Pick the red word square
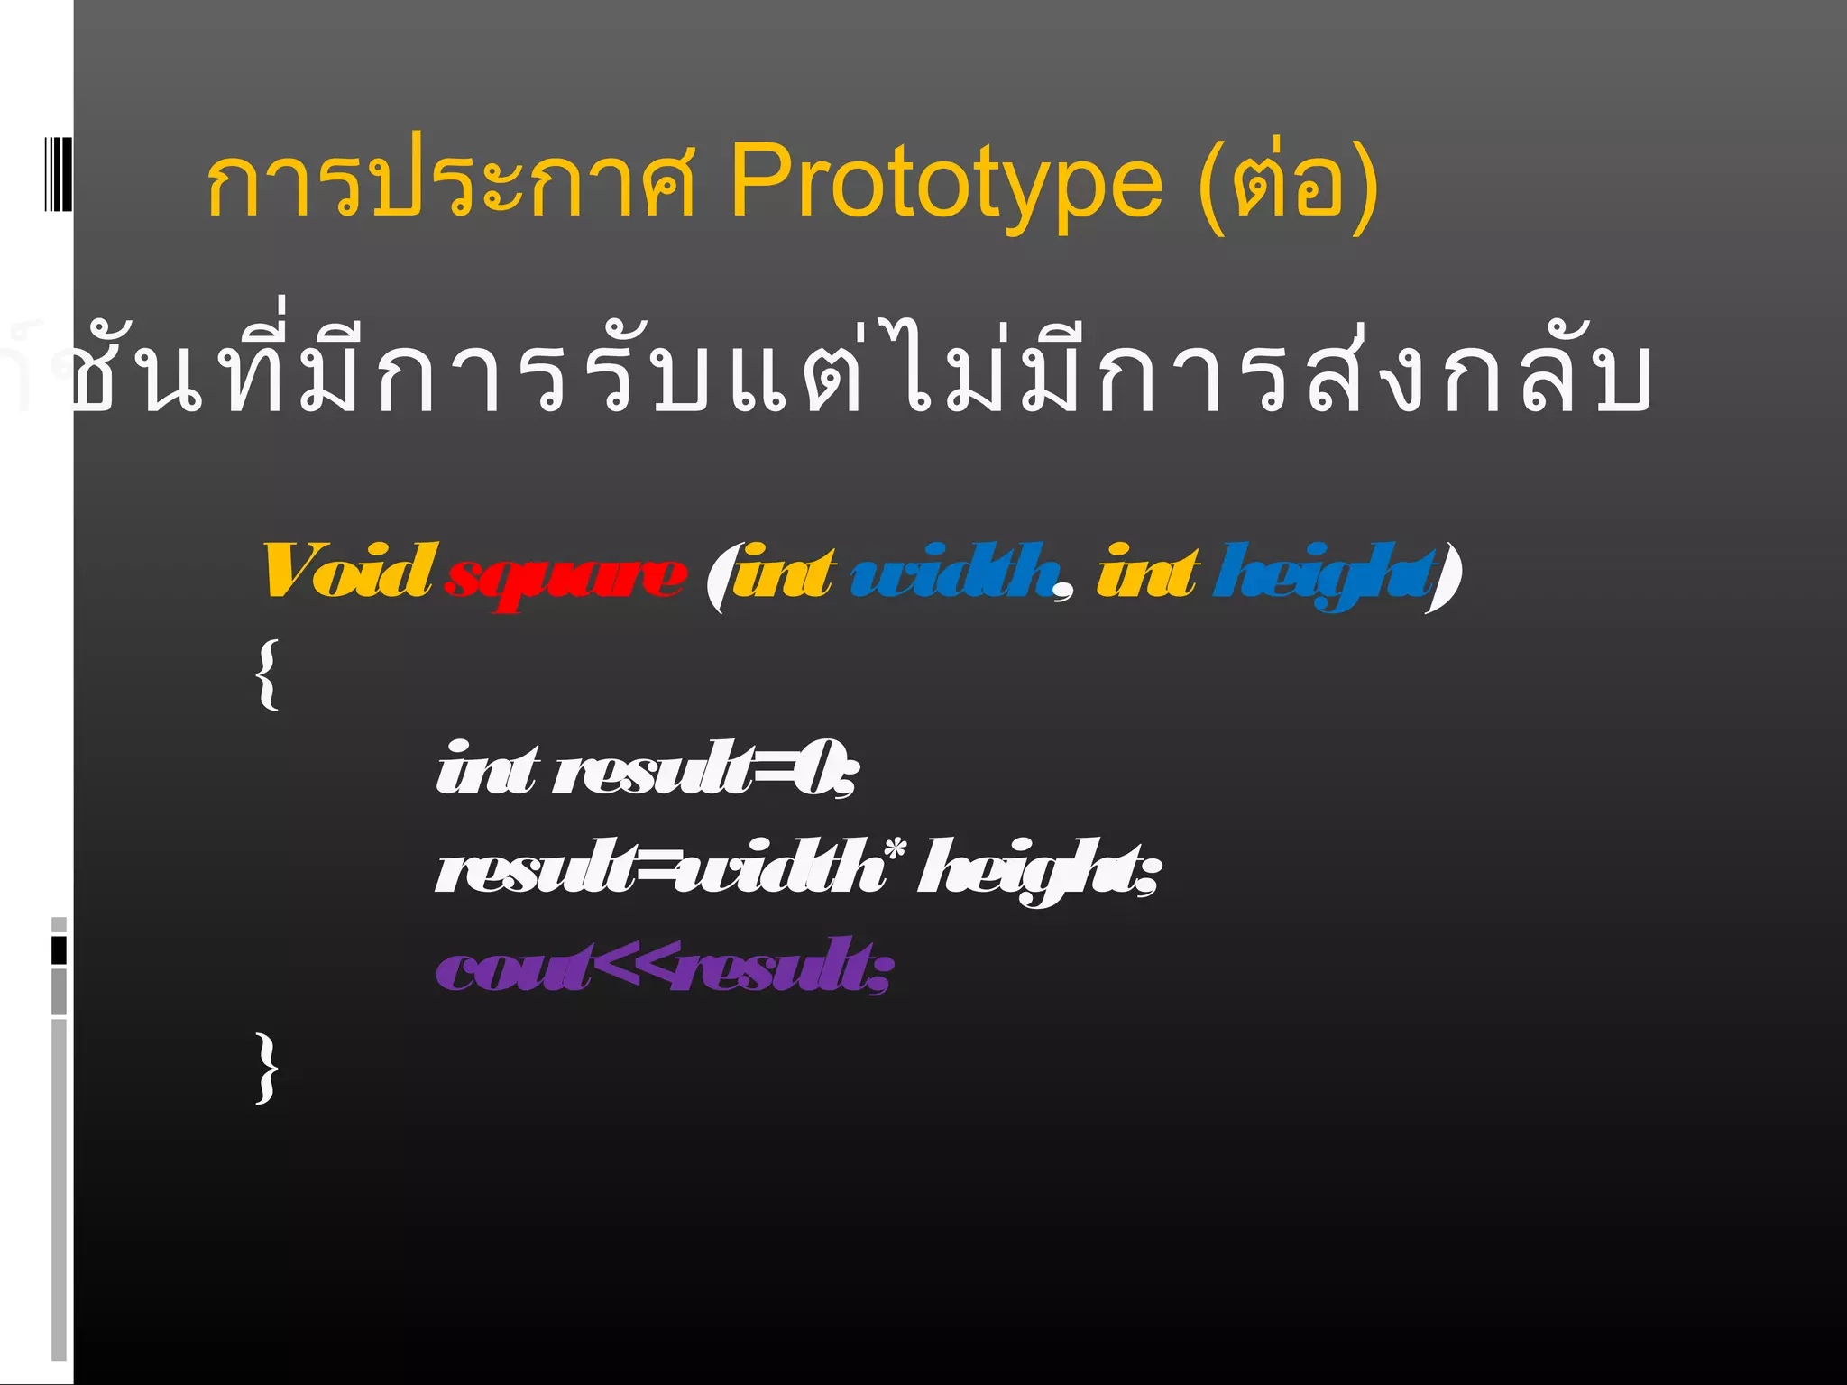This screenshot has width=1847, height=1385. [565, 577]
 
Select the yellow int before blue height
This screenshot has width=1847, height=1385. [1147, 572]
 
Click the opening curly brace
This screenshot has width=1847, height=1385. [267, 674]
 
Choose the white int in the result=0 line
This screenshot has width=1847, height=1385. [487, 768]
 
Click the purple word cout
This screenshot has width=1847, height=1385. [514, 968]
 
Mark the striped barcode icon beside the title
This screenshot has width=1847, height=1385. [58, 173]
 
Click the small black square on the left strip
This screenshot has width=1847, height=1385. [59, 950]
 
